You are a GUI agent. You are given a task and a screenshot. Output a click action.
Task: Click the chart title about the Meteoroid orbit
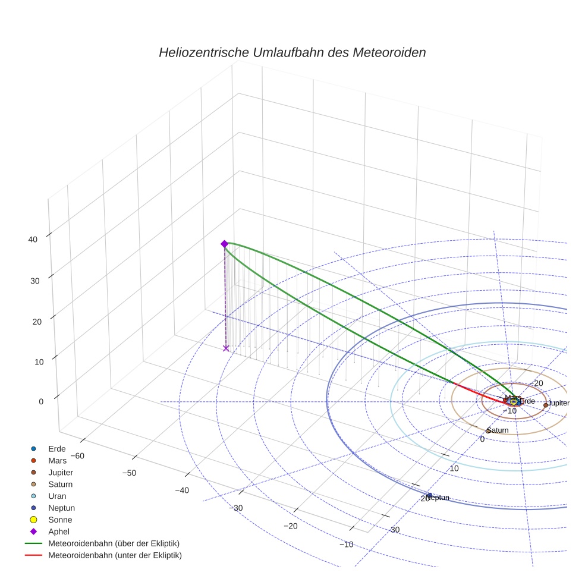tap(292, 52)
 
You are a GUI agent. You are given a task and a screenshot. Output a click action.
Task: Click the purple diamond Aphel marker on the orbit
tap(224, 244)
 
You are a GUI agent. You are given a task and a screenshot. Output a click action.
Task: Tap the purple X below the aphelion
tap(225, 348)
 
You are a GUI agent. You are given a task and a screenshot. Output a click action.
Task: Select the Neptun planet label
tap(437, 498)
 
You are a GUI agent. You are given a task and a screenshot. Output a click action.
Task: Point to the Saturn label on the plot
tap(498, 430)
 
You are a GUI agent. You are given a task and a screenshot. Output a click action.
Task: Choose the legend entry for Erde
tap(57, 448)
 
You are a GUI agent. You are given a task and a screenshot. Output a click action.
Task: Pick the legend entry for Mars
tap(57, 460)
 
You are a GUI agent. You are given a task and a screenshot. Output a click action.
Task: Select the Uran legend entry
tap(57, 496)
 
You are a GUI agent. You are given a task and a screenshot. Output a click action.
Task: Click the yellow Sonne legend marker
tap(34, 520)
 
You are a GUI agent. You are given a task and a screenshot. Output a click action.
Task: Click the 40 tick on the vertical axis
tap(33, 240)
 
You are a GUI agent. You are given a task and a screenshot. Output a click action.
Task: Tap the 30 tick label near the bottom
tap(395, 530)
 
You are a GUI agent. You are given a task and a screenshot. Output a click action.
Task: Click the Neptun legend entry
tap(61, 508)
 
